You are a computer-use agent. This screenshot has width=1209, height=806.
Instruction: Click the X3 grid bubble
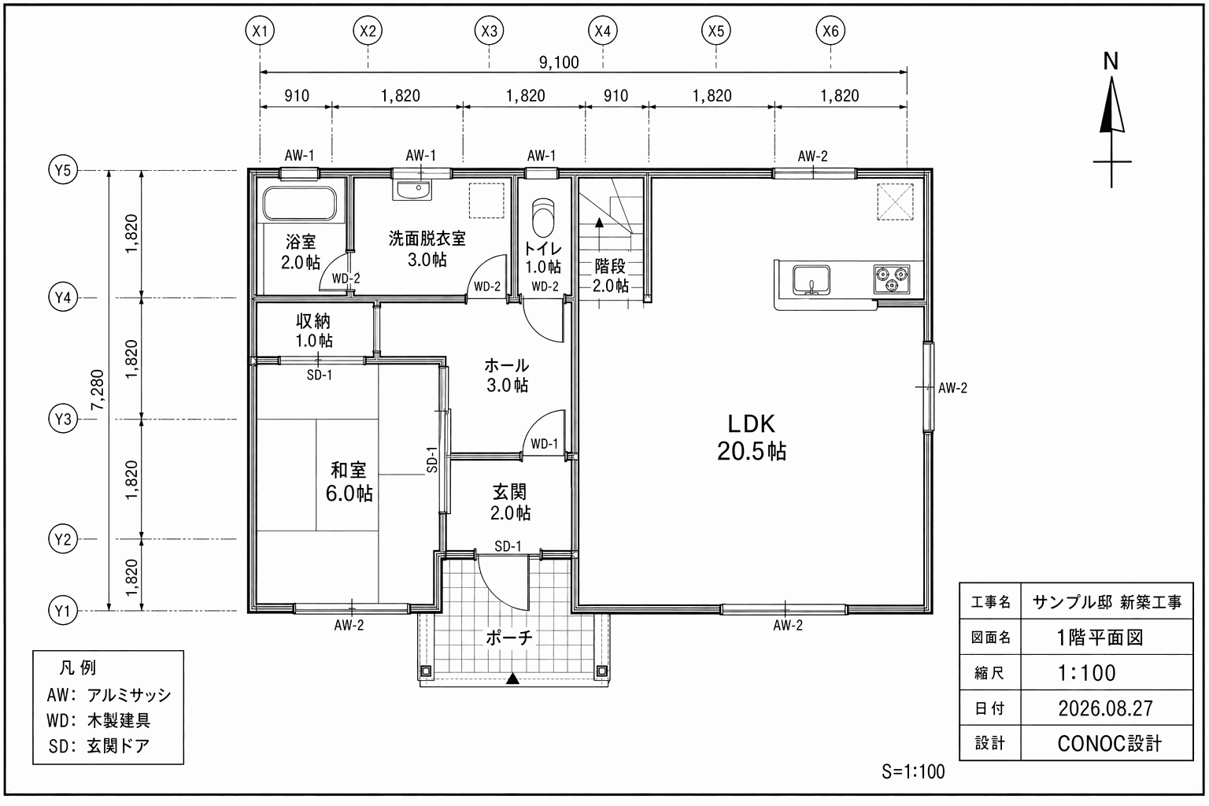pos(489,31)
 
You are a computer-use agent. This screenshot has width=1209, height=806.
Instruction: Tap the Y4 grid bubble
pos(63,298)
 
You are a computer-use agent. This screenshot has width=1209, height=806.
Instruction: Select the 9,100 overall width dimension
pos(559,63)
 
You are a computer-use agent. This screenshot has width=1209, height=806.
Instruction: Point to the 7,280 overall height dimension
pos(98,390)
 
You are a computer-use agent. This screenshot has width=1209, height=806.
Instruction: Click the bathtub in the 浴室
pos(300,204)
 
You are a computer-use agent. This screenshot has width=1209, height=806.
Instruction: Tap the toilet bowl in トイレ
pos(543,217)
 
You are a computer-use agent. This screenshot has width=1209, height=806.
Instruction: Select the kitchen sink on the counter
pos(812,279)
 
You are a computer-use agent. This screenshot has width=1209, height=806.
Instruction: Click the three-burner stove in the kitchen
pos(892,279)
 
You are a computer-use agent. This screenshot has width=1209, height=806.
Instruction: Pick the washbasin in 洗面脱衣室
pos(414,190)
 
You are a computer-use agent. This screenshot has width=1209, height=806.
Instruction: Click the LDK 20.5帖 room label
pos(752,438)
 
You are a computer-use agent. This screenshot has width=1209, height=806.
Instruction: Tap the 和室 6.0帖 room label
pos(349,482)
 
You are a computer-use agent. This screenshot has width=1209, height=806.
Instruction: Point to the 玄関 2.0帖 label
pos(510,502)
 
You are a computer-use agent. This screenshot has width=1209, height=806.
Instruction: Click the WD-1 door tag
pos(544,444)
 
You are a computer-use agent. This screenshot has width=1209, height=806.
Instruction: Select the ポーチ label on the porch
pos(509,638)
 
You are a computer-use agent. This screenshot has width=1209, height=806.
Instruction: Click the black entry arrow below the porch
pos(512,678)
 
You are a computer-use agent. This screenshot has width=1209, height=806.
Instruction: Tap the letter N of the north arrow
pos(1111,61)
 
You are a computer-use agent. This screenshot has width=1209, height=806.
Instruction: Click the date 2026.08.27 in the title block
pos(1105,708)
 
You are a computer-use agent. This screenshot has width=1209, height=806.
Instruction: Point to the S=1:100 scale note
pos(913,772)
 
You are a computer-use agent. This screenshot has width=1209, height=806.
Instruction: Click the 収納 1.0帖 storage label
pos(313,331)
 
